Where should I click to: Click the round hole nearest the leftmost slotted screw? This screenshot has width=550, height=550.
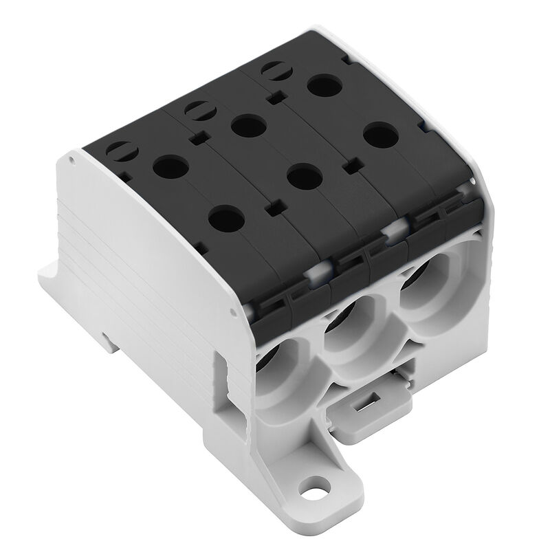tap(166, 166)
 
